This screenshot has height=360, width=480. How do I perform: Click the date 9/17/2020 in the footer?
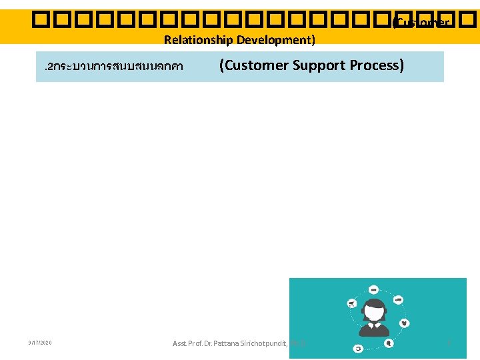(x=40, y=343)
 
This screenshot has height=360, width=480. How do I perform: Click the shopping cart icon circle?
(x=351, y=304)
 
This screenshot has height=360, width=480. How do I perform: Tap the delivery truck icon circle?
(x=398, y=300)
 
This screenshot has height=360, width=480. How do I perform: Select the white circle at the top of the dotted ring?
(x=373, y=290)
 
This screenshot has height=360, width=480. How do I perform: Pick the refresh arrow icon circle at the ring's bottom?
(x=359, y=347)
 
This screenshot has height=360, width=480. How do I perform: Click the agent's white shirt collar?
(x=374, y=325)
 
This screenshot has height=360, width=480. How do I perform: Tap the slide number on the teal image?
(x=449, y=343)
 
